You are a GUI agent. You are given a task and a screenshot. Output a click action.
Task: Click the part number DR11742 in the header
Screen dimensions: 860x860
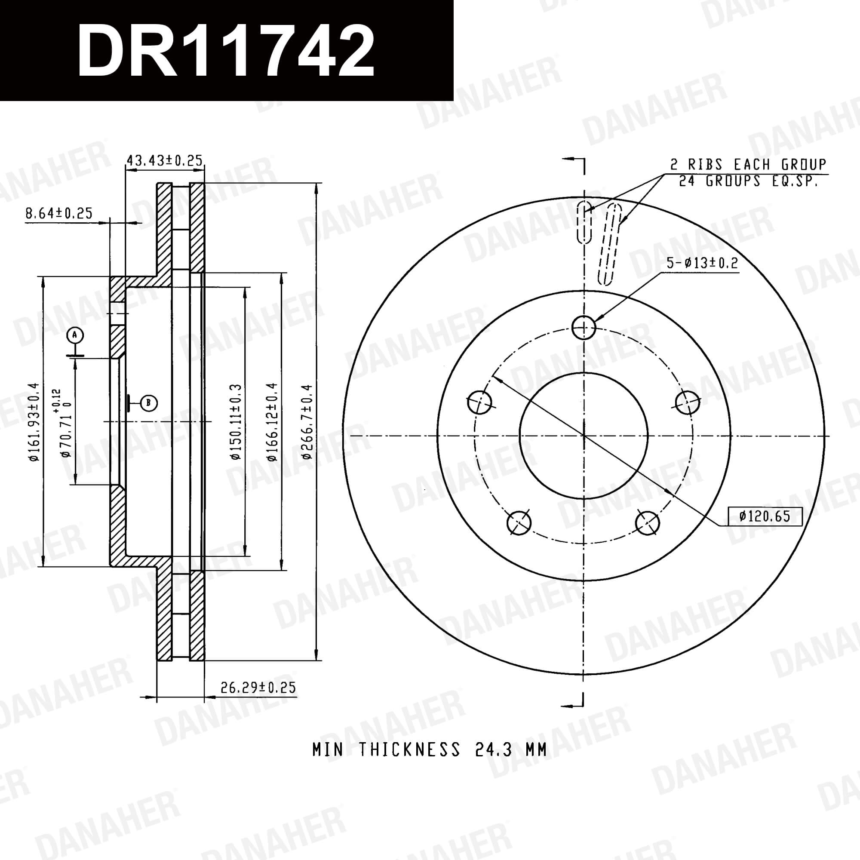[226, 51]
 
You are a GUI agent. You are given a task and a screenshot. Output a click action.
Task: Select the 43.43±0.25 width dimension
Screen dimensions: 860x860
[165, 160]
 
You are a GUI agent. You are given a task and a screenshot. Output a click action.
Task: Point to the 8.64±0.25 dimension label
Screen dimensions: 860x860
[59, 213]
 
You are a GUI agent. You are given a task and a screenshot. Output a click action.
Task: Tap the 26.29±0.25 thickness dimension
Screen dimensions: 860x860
[258, 687]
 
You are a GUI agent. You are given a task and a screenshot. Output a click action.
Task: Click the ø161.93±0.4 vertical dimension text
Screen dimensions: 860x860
[34, 422]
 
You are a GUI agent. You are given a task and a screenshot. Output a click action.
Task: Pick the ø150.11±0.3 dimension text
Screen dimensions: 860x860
[236, 421]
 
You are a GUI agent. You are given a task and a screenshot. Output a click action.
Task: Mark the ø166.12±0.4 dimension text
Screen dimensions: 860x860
[272, 421]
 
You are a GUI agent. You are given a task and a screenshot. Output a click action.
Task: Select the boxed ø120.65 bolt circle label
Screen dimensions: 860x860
[765, 516]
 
